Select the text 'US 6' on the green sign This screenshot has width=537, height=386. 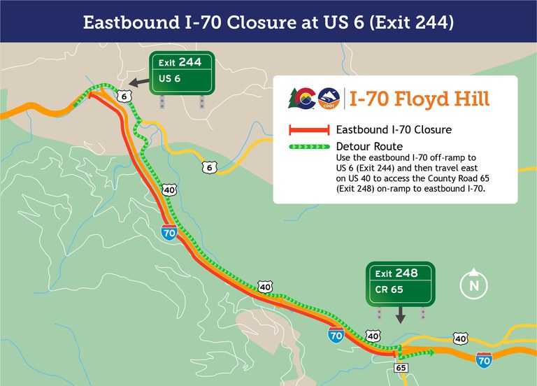[170, 79]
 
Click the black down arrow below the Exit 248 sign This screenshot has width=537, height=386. [401, 316]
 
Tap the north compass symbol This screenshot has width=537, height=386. [473, 284]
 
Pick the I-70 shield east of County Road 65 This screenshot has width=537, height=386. [483, 361]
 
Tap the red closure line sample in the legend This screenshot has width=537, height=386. [308, 130]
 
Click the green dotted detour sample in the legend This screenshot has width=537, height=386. [308, 147]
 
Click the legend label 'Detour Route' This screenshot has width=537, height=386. [369, 147]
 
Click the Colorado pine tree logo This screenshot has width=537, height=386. [301, 99]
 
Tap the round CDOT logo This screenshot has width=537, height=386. [328, 99]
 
